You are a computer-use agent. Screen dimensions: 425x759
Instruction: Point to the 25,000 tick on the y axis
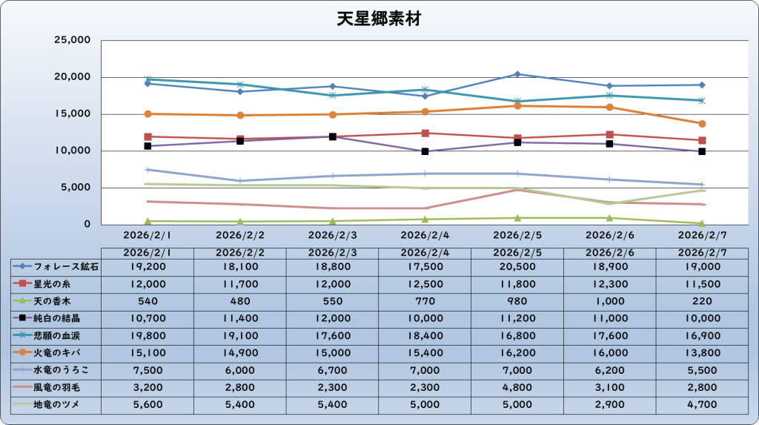73,40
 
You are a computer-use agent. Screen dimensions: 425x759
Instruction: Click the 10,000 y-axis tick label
73,151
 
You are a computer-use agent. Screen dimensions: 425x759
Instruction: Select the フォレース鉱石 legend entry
56,266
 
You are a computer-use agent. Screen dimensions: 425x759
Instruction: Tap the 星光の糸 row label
50,283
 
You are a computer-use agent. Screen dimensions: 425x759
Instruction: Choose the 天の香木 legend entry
50,300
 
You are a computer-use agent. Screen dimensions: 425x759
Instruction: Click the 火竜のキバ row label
56,353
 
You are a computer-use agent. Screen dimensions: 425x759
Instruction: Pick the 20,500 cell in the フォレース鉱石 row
517,266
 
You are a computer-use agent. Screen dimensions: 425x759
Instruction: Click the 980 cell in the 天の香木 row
517,300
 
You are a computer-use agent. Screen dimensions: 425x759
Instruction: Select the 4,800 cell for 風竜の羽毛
517,387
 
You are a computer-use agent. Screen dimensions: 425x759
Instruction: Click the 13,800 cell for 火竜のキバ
702,353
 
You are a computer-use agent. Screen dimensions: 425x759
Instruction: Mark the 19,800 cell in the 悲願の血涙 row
148,335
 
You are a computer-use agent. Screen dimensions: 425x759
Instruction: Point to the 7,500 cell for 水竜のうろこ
148,370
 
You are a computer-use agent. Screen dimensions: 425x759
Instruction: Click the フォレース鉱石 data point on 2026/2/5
517,74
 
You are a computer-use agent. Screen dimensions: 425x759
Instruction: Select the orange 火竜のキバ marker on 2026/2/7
702,124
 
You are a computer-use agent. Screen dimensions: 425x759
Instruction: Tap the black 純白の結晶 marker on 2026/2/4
425,151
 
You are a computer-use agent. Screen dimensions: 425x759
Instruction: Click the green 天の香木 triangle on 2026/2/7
702,223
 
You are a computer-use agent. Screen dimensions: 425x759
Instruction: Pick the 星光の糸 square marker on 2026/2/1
148,136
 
